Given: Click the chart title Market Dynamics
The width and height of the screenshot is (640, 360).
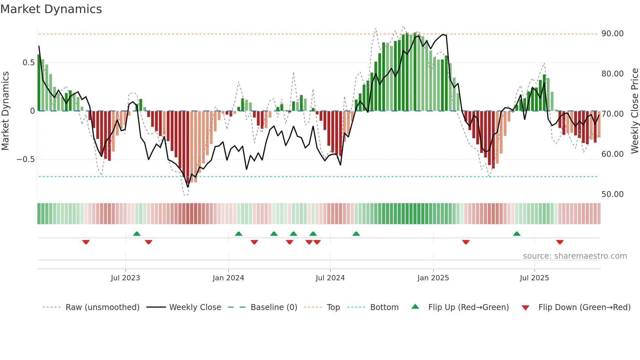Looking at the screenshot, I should coord(51,9).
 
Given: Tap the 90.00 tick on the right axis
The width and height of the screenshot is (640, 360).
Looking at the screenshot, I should coord(612,34).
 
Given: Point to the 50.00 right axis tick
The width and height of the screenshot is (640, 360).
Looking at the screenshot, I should coord(612,194).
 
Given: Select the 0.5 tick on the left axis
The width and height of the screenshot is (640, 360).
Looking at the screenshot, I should coord(28,63).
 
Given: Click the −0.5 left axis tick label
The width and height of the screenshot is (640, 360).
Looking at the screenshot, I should coord(25,159).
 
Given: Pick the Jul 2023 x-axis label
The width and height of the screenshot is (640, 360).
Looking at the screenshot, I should coord(125,278).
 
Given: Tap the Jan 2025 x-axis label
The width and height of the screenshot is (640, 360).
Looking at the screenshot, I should coord(433,278).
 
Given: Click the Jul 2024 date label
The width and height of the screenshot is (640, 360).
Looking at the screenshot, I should coord(330,278).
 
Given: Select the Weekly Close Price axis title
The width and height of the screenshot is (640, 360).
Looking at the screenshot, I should coord(634,111).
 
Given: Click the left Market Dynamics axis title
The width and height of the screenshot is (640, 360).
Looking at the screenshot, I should coord(5,111).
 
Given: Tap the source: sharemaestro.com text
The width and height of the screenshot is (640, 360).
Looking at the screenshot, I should coord(575,256).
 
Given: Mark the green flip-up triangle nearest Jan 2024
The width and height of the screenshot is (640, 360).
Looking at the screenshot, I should coord(239,234).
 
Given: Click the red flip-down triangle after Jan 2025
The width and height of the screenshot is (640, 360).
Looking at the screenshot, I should coord(466,242).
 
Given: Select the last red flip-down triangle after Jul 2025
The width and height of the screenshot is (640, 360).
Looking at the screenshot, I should coord(560,242).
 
